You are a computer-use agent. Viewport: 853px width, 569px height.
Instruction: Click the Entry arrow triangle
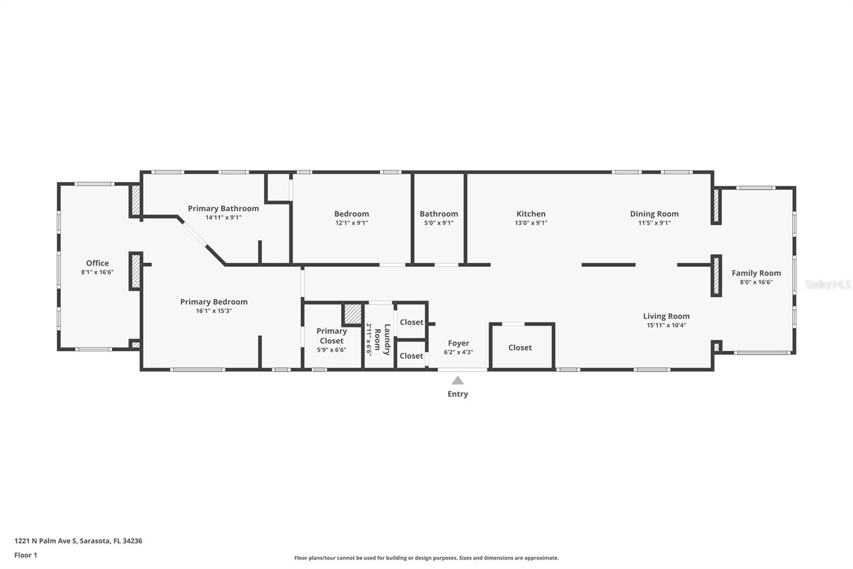point(457,381)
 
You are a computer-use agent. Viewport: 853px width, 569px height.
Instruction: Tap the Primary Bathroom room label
point(223,208)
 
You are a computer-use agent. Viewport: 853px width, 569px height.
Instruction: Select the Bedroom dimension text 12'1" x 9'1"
point(351,223)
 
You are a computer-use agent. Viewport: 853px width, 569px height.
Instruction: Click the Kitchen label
point(531,214)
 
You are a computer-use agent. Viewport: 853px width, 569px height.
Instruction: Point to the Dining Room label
point(654,214)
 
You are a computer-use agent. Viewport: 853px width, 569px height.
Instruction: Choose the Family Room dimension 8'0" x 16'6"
point(756,282)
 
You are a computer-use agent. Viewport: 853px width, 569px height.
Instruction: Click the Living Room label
point(666,316)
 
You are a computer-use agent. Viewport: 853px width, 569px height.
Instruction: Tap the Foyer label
point(458,343)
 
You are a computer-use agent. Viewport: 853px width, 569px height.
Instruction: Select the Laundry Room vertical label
point(382,339)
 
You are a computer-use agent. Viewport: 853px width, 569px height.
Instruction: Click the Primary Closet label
point(332,336)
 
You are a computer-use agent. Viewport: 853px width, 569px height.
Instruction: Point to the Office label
point(98,263)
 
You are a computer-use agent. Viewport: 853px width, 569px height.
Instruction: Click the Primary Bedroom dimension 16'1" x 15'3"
point(214,311)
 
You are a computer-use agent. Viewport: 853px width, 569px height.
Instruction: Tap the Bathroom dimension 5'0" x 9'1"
point(439,223)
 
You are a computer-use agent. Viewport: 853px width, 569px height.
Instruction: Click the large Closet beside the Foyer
point(520,347)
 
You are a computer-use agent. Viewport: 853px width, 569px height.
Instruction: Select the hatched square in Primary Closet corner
point(352,314)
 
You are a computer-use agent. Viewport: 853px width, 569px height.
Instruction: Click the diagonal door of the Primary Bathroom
point(194,235)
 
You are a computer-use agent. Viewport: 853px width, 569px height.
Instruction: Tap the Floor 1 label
point(26,555)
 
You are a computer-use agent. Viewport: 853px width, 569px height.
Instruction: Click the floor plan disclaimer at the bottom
point(426,558)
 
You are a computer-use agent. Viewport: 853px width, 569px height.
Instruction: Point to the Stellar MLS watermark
point(827,284)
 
